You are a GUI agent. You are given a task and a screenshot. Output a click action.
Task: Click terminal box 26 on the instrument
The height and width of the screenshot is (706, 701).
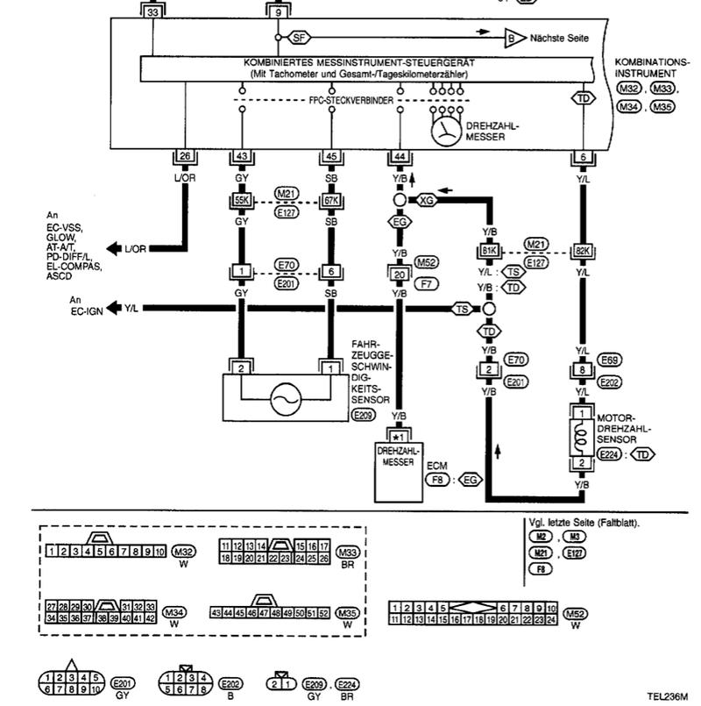click(x=184, y=156)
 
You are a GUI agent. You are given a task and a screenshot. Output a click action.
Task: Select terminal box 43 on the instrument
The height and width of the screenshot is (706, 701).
click(x=242, y=156)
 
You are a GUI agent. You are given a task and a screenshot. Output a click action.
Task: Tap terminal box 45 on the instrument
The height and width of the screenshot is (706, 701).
click(x=330, y=156)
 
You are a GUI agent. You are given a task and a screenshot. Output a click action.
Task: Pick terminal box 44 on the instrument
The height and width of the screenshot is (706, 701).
click(x=400, y=156)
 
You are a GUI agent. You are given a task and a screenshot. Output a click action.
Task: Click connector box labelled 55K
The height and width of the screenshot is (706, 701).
click(x=242, y=201)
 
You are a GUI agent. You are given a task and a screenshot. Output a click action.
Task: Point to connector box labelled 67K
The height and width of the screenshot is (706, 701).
click(x=330, y=201)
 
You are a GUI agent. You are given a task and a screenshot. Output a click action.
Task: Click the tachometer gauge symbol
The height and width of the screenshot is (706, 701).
click(x=448, y=132)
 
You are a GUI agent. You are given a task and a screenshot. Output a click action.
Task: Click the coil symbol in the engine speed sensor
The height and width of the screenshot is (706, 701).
click(x=582, y=436)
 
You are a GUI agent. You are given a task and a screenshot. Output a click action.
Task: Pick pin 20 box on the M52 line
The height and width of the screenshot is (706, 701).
click(x=400, y=275)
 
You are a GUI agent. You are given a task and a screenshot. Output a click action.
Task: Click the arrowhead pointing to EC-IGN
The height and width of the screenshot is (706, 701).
click(x=113, y=308)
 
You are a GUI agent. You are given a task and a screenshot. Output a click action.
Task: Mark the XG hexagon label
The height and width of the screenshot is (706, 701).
click(x=426, y=201)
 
